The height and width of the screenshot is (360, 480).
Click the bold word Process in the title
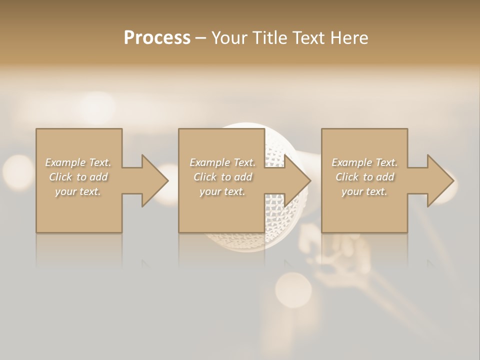(x=157, y=38)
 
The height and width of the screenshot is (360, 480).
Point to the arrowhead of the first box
(x=152, y=180)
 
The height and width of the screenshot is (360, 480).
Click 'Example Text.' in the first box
(x=78, y=162)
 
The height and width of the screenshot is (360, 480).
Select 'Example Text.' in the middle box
(x=222, y=162)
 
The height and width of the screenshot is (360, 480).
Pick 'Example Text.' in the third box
(x=364, y=162)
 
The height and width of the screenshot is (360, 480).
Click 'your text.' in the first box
(x=78, y=191)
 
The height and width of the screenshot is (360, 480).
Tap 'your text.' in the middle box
(x=222, y=191)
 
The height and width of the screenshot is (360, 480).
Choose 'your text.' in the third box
(x=364, y=191)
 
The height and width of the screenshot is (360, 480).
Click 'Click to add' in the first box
(x=78, y=177)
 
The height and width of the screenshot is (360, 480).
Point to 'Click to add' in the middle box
(x=222, y=177)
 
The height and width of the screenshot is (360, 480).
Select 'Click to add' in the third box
(x=364, y=177)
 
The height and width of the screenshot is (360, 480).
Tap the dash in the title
(x=201, y=38)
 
